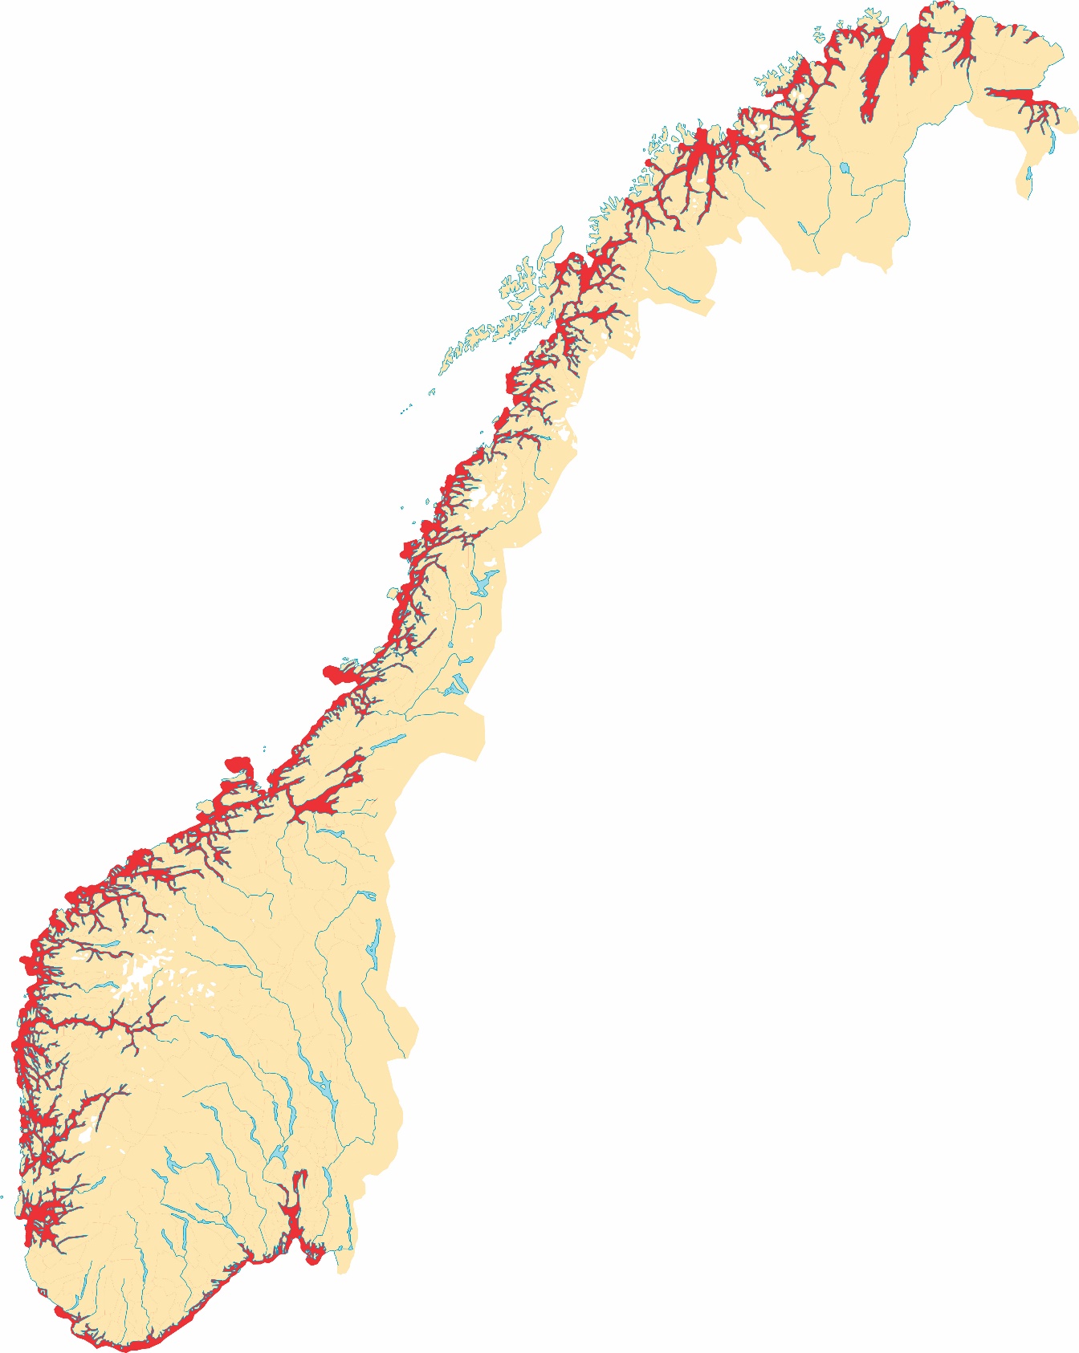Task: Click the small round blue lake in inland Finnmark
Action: (845, 169)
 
